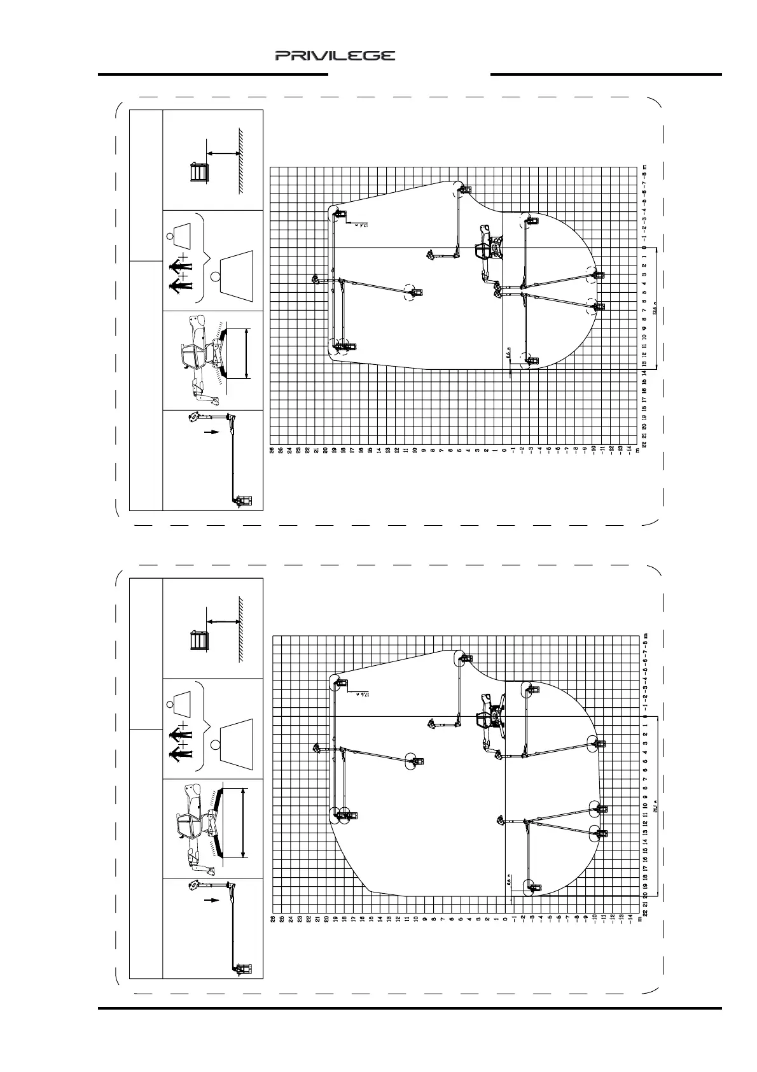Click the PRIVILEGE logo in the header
coord(335,56)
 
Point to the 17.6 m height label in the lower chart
coord(361,693)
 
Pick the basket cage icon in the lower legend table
coord(200,640)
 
